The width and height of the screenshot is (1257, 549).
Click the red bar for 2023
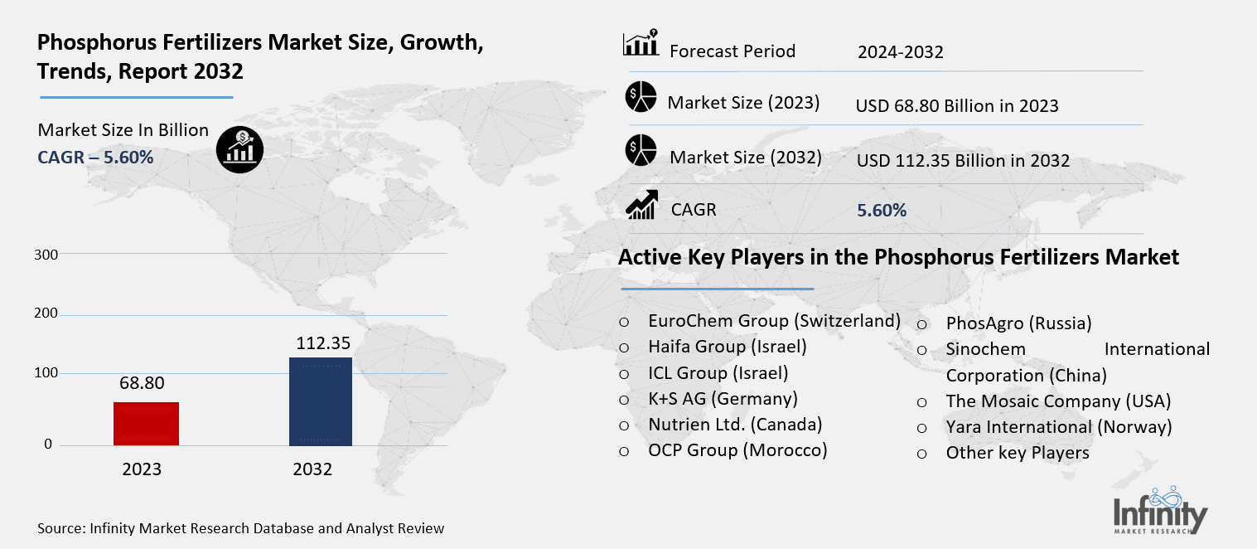[x=147, y=423]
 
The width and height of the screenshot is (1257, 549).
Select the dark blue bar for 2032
[x=320, y=401]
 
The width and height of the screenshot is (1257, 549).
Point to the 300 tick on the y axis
[x=46, y=255]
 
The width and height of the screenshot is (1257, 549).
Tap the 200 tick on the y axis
[x=46, y=314]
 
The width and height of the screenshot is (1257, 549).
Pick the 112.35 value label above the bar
[x=323, y=343]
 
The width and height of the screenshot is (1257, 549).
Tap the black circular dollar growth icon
[x=239, y=149]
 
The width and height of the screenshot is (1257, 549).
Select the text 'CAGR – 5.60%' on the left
[x=95, y=157]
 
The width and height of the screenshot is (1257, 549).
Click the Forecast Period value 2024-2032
[x=901, y=52]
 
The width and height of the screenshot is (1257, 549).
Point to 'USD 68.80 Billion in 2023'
[x=957, y=105]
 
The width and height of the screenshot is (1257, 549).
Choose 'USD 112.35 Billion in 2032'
[x=963, y=160]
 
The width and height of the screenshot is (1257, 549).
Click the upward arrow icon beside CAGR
[x=641, y=206]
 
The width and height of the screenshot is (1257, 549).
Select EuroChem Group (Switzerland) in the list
[x=774, y=321]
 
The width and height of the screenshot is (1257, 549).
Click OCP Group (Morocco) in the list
[x=737, y=450]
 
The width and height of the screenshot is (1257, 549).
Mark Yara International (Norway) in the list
[x=1058, y=427]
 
